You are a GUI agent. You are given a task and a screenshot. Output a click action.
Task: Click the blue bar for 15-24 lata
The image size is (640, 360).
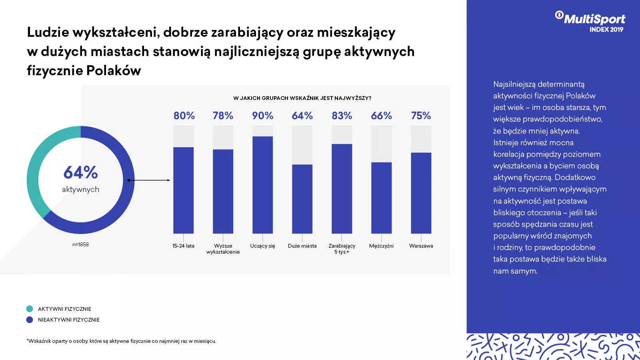(x=183, y=190)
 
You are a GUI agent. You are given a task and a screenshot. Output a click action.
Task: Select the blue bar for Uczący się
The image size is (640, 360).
(x=262, y=185)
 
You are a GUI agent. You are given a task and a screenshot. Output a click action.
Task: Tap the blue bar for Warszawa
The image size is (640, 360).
(x=421, y=193)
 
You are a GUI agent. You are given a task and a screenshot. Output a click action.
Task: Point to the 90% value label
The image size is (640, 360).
(x=262, y=116)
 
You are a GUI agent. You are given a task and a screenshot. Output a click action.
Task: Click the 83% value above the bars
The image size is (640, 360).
(x=342, y=116)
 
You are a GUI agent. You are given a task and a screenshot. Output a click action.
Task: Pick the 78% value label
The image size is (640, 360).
(x=223, y=116)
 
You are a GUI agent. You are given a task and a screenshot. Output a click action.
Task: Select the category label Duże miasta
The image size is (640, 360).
(x=302, y=246)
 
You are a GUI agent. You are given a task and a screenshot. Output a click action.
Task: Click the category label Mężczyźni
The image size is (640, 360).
(x=381, y=246)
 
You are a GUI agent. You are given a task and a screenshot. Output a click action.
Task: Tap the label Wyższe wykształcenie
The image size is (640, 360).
(x=223, y=249)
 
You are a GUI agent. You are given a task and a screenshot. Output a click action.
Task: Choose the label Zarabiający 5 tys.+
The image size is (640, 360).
(x=342, y=249)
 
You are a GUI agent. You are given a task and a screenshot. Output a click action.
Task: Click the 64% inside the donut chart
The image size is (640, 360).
(x=80, y=173)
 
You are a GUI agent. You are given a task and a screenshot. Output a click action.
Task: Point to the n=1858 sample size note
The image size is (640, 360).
(x=80, y=244)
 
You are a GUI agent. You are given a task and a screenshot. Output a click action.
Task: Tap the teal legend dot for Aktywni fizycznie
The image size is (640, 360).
(x=30, y=309)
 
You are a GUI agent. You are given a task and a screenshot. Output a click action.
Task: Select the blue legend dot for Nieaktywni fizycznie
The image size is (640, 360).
(x=30, y=320)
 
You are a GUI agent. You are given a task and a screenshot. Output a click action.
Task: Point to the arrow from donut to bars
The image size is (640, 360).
(x=149, y=180)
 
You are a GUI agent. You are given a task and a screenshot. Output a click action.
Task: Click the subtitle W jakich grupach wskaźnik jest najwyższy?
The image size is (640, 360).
(x=302, y=98)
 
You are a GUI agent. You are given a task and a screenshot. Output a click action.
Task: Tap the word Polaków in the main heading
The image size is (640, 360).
(x=114, y=70)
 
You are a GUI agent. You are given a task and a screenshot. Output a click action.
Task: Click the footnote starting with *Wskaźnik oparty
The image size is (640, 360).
(x=121, y=341)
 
